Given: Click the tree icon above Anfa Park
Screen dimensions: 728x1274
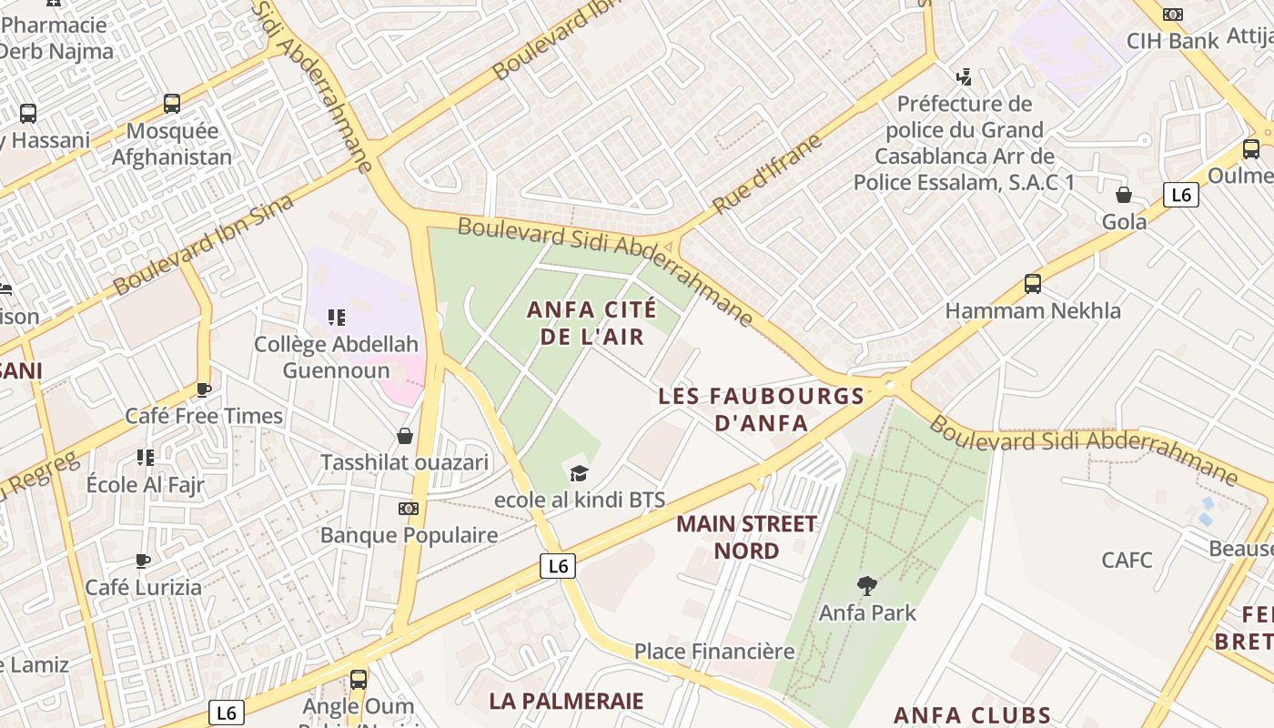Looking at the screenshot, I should pyautogui.click(x=867, y=585).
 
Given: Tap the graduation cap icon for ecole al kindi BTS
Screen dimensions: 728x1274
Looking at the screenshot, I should pyautogui.click(x=579, y=472).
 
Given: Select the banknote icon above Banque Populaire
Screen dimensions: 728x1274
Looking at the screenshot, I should pyautogui.click(x=409, y=509).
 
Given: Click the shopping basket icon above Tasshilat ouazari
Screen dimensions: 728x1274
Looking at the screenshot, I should pyautogui.click(x=405, y=436).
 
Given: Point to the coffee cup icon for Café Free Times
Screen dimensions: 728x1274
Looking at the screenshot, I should pyautogui.click(x=204, y=389).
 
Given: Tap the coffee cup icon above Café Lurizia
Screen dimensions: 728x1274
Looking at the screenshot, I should pyautogui.click(x=142, y=560).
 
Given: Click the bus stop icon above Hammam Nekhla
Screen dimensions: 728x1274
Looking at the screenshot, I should pyautogui.click(x=1033, y=283).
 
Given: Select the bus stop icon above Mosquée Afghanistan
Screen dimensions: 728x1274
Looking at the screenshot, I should pyautogui.click(x=172, y=104).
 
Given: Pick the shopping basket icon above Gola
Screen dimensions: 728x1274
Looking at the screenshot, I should pyautogui.click(x=1124, y=195).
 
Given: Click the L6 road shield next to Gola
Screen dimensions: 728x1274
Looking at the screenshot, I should pyautogui.click(x=1180, y=194).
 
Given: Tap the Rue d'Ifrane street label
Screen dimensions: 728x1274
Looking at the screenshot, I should pyautogui.click(x=767, y=175).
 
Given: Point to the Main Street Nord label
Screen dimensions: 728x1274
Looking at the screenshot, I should pyautogui.click(x=746, y=537).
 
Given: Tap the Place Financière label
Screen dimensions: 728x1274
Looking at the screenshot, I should pyautogui.click(x=714, y=652).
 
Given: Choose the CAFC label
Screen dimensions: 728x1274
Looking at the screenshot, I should pyautogui.click(x=1127, y=560).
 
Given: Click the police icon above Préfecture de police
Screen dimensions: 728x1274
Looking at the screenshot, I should pyautogui.click(x=964, y=76).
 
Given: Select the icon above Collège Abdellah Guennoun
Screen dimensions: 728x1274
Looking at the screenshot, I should pyautogui.click(x=336, y=317).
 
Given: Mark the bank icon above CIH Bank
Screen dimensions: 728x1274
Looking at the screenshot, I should pyautogui.click(x=1173, y=15).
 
